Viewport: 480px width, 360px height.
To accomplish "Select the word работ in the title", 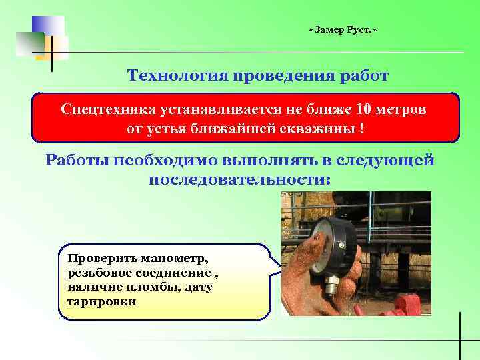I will pyautogui.click(x=364, y=75).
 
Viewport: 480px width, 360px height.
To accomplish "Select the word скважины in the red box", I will pyautogui.click(x=318, y=127).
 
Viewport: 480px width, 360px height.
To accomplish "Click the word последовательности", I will pyautogui.click(x=239, y=180).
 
